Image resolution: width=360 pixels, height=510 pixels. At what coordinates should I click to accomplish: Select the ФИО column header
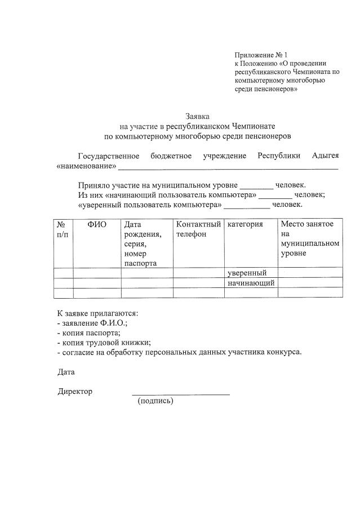(97, 225)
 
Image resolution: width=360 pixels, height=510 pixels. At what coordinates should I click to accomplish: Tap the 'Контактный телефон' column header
(198, 229)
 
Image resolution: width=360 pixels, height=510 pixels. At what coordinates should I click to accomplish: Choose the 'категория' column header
(245, 225)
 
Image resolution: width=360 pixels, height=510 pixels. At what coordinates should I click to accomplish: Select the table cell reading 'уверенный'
(250, 273)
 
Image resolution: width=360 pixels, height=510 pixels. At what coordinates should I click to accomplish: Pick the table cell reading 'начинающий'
(251, 283)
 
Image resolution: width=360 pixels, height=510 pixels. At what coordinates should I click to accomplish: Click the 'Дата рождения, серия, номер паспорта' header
(143, 243)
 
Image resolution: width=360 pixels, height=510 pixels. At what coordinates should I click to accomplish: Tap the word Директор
(75, 391)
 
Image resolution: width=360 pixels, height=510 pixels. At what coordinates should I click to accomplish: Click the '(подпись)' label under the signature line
(155, 401)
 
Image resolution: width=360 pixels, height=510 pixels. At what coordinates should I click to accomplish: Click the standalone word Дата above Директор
(66, 372)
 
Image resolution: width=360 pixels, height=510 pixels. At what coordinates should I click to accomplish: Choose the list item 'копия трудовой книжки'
(104, 343)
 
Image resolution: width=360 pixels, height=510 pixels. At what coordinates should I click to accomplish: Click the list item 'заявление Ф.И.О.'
(93, 323)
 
